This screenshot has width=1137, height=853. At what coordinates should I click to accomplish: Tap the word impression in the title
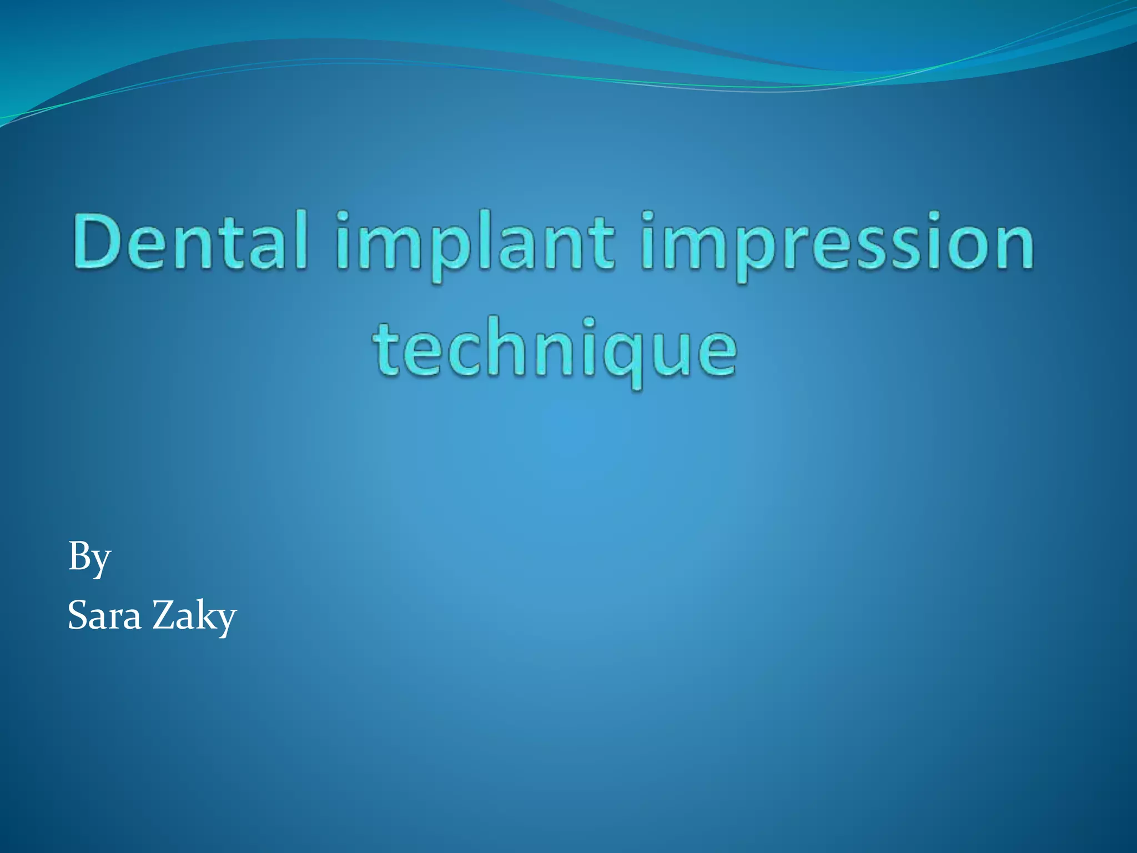click(838, 244)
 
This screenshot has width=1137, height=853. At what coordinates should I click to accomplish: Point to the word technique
click(555, 350)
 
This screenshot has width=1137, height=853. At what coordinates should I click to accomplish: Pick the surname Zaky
click(194, 616)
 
